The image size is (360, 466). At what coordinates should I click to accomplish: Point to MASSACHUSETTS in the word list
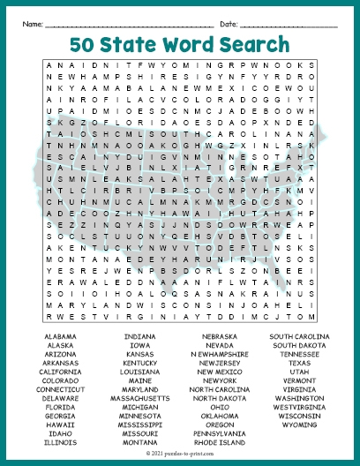[140, 399]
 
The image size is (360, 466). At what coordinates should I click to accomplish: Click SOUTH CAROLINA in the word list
[300, 336]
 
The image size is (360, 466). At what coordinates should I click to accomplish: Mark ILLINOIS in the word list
[59, 443]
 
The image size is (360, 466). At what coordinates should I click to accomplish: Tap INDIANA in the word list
[140, 336]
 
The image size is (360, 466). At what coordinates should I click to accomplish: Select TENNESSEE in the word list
[300, 354]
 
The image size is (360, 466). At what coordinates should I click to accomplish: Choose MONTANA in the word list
[140, 443]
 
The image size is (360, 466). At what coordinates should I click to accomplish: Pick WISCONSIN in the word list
[300, 417]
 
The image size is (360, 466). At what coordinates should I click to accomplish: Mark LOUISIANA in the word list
[140, 372]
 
